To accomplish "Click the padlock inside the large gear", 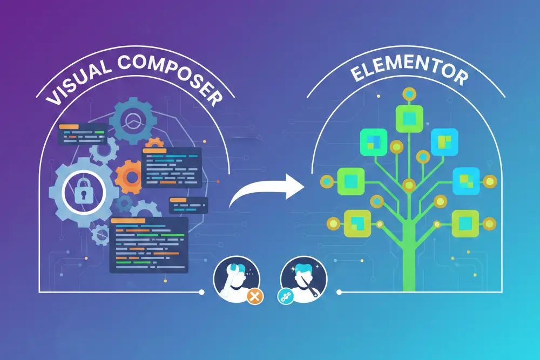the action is pyautogui.click(x=83, y=191).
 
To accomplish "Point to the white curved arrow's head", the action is pyautogui.click(x=295, y=186).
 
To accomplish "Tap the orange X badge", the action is pyautogui.click(x=255, y=296).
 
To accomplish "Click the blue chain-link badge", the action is pyautogui.click(x=285, y=296).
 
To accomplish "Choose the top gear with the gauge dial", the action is pyautogui.click(x=133, y=120).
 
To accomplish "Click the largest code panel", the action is pyautogui.click(x=149, y=245).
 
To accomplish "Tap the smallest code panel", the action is pyautogui.click(x=188, y=206).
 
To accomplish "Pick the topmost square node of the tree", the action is pyautogui.click(x=409, y=118).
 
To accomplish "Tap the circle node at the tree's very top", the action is pyautogui.click(x=409, y=93).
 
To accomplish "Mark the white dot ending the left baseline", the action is pyautogui.click(x=202, y=292).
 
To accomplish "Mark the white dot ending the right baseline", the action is pyautogui.click(x=339, y=292).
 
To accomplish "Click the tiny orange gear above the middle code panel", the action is pyautogui.click(x=154, y=143).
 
